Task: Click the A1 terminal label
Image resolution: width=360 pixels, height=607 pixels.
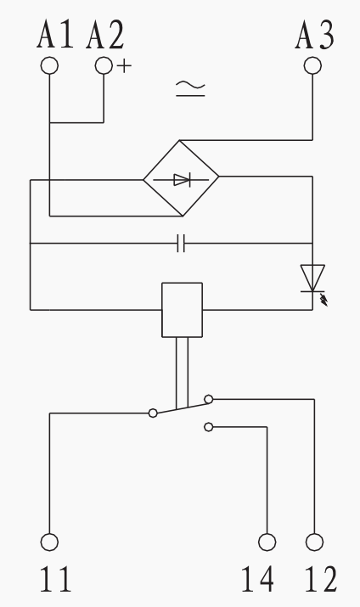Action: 55,34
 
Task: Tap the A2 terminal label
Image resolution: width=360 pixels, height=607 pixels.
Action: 105,34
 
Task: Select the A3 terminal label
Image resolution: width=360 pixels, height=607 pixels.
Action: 314,34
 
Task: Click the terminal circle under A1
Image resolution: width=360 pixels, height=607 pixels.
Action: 49,66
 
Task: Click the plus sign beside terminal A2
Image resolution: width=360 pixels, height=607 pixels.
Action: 124,66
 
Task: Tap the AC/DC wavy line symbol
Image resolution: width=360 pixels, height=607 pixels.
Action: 190,88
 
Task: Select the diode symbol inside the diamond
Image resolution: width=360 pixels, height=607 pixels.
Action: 181,180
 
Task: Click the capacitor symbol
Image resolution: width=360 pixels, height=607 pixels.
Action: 181,243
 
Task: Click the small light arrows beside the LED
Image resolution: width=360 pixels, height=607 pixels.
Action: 324,299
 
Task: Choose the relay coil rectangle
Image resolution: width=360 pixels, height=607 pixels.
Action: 182,310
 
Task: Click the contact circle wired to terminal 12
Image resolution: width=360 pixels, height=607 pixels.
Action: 209,399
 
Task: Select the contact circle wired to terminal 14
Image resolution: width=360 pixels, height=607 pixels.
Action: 209,427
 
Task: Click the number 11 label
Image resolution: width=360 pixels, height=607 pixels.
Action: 55,579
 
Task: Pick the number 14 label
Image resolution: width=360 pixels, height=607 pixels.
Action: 257,579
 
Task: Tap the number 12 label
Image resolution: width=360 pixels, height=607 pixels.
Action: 321,579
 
